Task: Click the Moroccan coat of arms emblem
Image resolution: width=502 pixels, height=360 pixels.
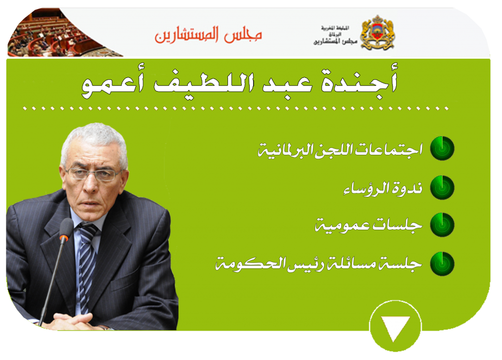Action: coord(378,33)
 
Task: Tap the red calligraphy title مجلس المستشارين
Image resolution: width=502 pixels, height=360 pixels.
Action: coord(208,35)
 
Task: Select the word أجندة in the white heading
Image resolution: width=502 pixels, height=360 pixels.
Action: coord(359,81)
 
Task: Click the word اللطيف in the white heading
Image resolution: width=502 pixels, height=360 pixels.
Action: coord(204,83)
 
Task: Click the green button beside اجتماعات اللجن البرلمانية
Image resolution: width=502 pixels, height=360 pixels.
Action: coord(442,148)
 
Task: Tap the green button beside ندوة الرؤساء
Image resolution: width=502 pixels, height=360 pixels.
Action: coord(442,187)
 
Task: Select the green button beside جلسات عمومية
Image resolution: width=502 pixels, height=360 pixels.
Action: coord(442,225)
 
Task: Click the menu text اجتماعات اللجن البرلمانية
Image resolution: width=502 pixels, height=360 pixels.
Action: coord(340,150)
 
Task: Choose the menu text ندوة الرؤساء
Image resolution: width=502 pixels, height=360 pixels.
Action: coord(383,189)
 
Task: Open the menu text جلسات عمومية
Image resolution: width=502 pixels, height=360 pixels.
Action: coord(369,226)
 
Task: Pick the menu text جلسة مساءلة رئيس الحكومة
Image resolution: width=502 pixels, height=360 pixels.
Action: coord(319,264)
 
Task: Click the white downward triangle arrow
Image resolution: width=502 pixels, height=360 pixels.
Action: coord(395,327)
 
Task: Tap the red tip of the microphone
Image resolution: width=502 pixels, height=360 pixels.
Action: coord(64,239)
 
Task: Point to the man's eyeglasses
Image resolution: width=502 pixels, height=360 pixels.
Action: coord(95,174)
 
